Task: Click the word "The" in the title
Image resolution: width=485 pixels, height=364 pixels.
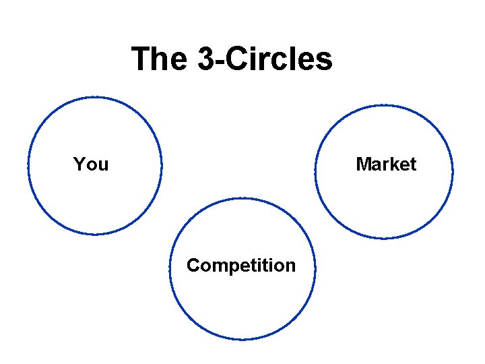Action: pyautogui.click(x=160, y=59)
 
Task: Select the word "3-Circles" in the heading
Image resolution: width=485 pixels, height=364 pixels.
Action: pyautogui.click(x=265, y=59)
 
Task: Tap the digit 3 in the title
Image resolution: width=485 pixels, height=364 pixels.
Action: pyautogui.click(x=207, y=59)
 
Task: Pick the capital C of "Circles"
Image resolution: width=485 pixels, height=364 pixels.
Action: pyautogui.click(x=236, y=59)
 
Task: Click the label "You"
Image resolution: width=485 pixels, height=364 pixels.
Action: pyautogui.click(x=91, y=164)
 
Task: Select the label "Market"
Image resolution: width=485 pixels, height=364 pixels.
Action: pyautogui.click(x=386, y=164)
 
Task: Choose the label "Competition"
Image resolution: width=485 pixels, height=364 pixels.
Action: pyautogui.click(x=241, y=266)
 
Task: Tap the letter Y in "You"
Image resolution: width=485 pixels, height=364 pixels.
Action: pyautogui.click(x=79, y=164)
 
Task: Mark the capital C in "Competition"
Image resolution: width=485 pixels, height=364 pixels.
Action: pyautogui.click(x=193, y=266)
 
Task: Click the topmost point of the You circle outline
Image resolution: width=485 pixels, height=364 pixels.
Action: pyautogui.click(x=95, y=97)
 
